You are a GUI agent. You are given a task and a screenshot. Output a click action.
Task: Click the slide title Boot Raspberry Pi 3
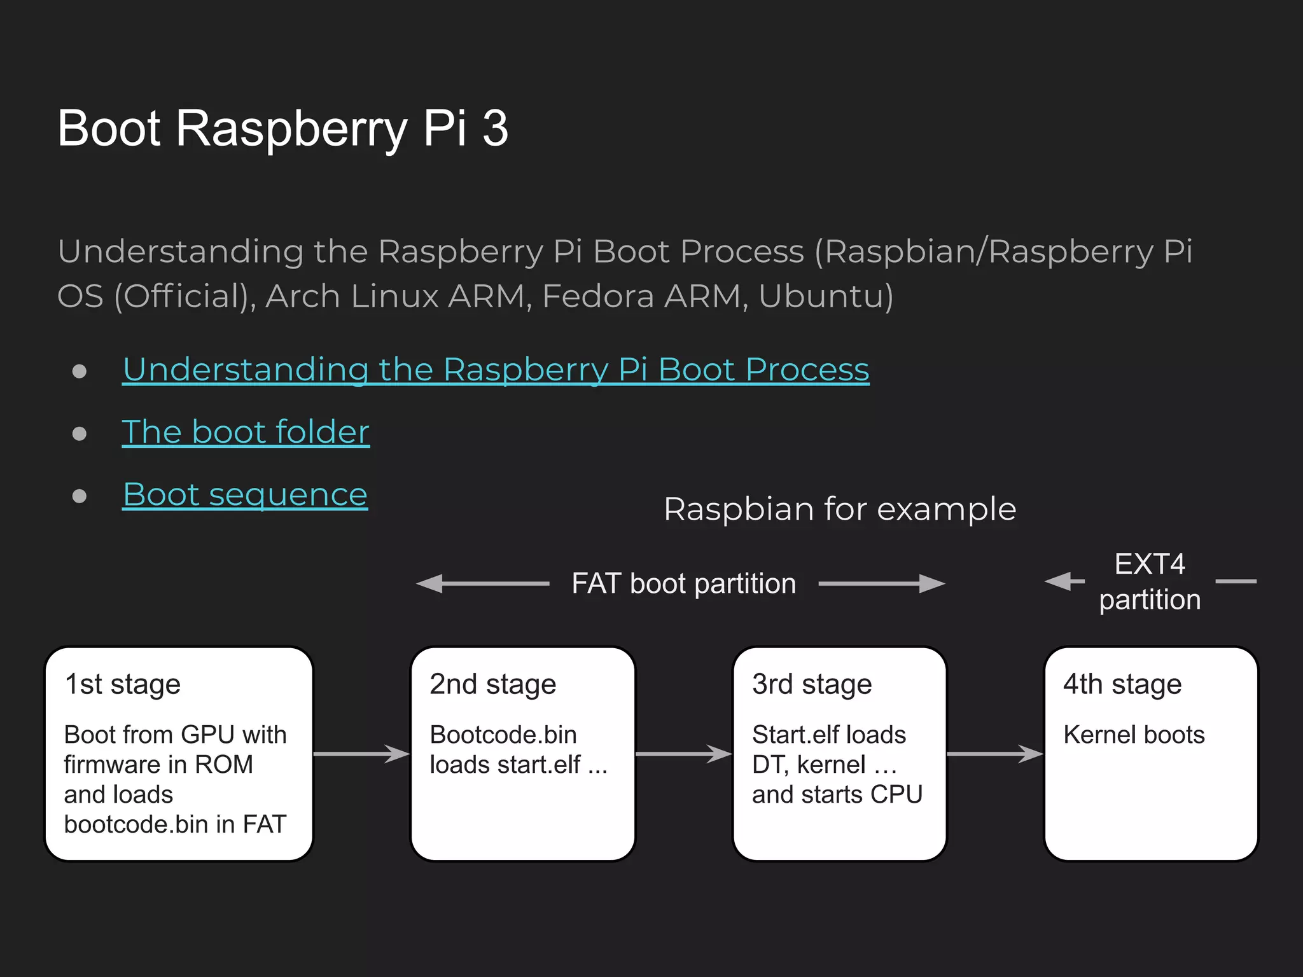(x=282, y=128)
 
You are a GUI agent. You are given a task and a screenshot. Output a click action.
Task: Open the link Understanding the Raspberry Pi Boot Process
(x=496, y=370)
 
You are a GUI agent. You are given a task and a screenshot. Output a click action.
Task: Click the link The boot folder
(x=246, y=432)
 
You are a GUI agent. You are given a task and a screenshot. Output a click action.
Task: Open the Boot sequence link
(x=245, y=494)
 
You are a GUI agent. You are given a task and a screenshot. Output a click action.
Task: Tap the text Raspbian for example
(x=840, y=509)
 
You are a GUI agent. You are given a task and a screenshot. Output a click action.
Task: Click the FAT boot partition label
(x=683, y=583)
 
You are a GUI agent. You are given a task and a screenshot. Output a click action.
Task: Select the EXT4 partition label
(x=1150, y=581)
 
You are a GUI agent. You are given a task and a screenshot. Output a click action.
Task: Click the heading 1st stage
(x=123, y=684)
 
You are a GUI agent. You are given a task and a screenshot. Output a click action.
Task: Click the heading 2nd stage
(x=492, y=684)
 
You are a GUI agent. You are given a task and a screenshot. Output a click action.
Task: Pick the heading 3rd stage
(x=812, y=684)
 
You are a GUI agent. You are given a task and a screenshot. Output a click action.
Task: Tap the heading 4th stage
(x=1122, y=684)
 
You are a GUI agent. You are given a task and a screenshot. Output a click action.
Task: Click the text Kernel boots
(x=1134, y=735)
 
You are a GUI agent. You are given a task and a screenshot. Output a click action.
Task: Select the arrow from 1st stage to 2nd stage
(x=361, y=754)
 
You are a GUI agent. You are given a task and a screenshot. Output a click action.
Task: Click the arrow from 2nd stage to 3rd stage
(x=683, y=754)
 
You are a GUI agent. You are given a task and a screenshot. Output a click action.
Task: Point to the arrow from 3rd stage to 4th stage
(x=994, y=754)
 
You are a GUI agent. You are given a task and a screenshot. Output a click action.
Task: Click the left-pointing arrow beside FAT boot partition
(x=482, y=583)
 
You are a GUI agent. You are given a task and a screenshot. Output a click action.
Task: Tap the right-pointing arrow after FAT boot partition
(x=881, y=583)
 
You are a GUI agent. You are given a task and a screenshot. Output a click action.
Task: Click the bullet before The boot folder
(x=80, y=434)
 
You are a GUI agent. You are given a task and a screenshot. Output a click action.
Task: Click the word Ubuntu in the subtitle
(x=825, y=296)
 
